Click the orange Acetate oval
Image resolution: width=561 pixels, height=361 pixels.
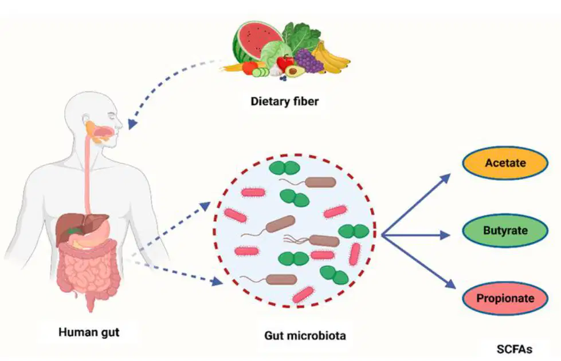505,163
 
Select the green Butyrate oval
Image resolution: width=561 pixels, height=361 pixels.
505,231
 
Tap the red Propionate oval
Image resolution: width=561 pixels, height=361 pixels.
505,298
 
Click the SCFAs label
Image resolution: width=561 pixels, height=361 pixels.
514,349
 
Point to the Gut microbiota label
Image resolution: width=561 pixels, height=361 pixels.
305,336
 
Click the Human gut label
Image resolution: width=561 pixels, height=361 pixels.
89,332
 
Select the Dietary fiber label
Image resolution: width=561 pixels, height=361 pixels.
284,101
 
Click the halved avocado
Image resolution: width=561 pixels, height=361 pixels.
294,71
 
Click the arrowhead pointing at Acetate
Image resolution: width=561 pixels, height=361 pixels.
445,178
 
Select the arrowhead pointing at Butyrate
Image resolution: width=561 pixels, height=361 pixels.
445,235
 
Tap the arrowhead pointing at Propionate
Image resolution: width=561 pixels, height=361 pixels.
450,283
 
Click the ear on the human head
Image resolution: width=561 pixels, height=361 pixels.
86,119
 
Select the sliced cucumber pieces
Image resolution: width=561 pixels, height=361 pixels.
261,73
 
